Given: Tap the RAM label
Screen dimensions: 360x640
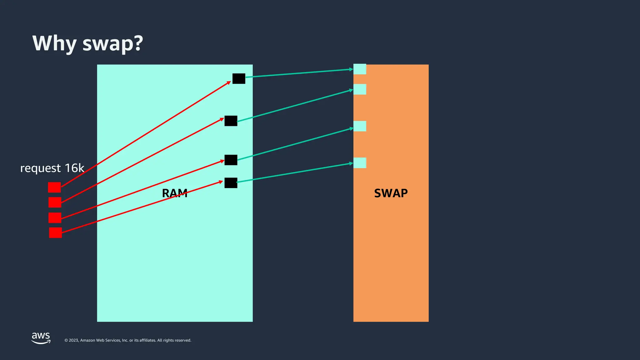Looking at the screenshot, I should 175,193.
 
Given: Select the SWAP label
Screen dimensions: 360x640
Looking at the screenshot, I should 391,193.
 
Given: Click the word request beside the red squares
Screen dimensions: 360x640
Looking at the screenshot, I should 40,168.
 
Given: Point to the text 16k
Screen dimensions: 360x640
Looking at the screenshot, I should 74,168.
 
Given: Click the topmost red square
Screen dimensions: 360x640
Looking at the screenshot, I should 54,187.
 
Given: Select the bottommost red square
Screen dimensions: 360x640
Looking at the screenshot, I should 55,232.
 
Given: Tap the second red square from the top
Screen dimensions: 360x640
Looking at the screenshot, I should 55,202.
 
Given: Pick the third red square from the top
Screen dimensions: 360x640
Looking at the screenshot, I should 55,217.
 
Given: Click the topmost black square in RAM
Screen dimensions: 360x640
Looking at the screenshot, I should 239,78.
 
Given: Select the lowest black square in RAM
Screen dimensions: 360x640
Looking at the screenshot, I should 231,183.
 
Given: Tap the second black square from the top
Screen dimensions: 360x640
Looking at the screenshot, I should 231,121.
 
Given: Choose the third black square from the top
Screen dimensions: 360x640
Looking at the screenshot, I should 231,160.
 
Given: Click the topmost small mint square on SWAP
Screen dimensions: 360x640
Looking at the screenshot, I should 360,69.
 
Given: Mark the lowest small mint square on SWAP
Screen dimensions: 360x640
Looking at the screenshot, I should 360,163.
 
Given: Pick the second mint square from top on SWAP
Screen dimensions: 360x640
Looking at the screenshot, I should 360,89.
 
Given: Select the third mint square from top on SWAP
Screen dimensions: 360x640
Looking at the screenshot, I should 360,126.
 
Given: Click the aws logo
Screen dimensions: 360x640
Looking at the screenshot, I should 41,338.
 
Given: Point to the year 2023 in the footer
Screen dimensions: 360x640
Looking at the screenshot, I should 74,340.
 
